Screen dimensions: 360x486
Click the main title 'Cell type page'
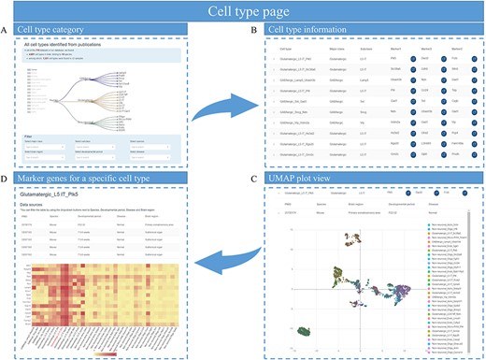[243, 12]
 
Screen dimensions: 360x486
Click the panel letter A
[7, 33]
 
